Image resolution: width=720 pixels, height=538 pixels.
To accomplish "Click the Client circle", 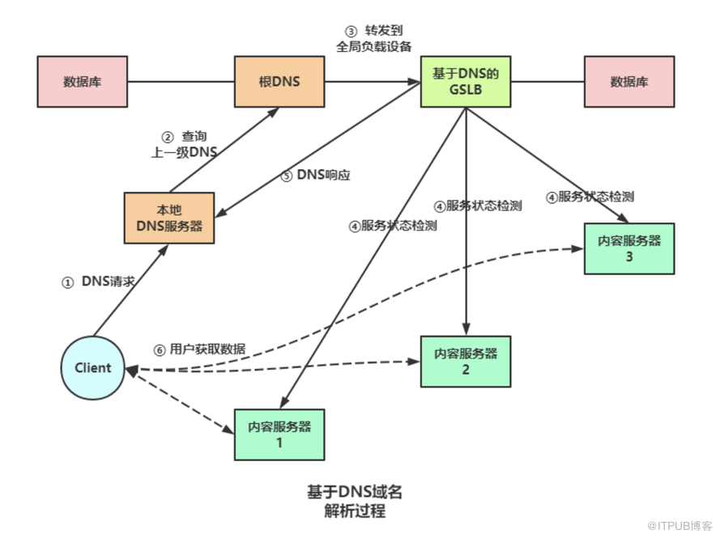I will [x=93, y=368].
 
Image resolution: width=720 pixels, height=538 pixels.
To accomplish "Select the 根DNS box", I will [x=279, y=82].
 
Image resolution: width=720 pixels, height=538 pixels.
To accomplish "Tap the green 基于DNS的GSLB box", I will [x=465, y=82].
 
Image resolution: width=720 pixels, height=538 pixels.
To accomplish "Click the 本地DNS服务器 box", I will [x=168, y=218].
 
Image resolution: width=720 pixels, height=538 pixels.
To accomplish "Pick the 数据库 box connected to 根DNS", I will [x=82, y=82].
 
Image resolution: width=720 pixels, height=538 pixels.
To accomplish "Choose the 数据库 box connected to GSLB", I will [x=628, y=82].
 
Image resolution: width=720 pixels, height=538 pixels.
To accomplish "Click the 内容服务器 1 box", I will [x=279, y=434].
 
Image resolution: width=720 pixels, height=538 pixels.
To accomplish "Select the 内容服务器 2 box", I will [x=465, y=362].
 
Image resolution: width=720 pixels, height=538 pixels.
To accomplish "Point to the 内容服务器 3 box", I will [x=628, y=248].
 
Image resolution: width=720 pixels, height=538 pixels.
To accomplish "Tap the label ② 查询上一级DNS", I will [x=186, y=143].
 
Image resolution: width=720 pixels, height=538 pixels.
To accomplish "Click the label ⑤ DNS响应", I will [x=315, y=176].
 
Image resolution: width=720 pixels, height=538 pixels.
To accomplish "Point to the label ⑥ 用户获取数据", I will [x=199, y=349].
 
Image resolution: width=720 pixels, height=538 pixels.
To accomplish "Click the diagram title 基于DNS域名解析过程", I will [x=355, y=502].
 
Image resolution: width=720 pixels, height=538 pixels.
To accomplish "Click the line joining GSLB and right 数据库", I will [x=547, y=82].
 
